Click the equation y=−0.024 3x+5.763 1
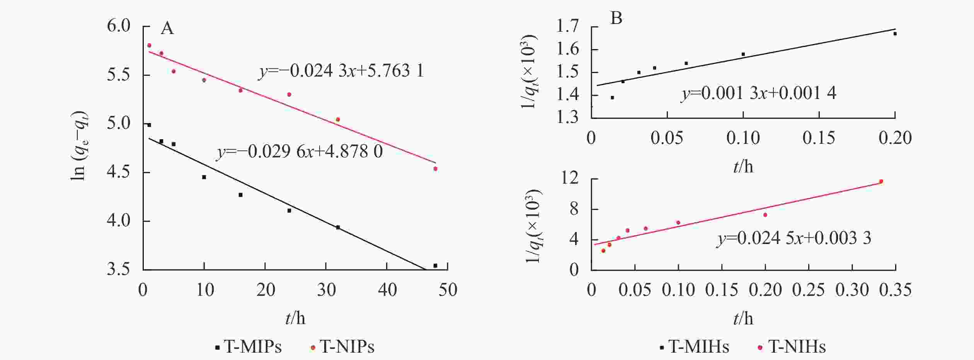coord(341,71)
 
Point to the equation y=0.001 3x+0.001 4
coord(758,93)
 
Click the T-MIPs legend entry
coord(249,347)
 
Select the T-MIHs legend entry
coord(695,347)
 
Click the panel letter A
coord(167,28)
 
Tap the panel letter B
coord(616,18)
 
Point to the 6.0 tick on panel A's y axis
coord(119,26)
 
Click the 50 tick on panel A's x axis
coord(448,290)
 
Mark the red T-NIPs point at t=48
coord(435,169)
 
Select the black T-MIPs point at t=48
coord(435,266)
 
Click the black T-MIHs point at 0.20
coord(895,34)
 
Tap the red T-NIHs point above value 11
coord(881,181)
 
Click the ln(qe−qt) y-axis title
coord(80,147)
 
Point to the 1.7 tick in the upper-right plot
coord(567,27)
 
